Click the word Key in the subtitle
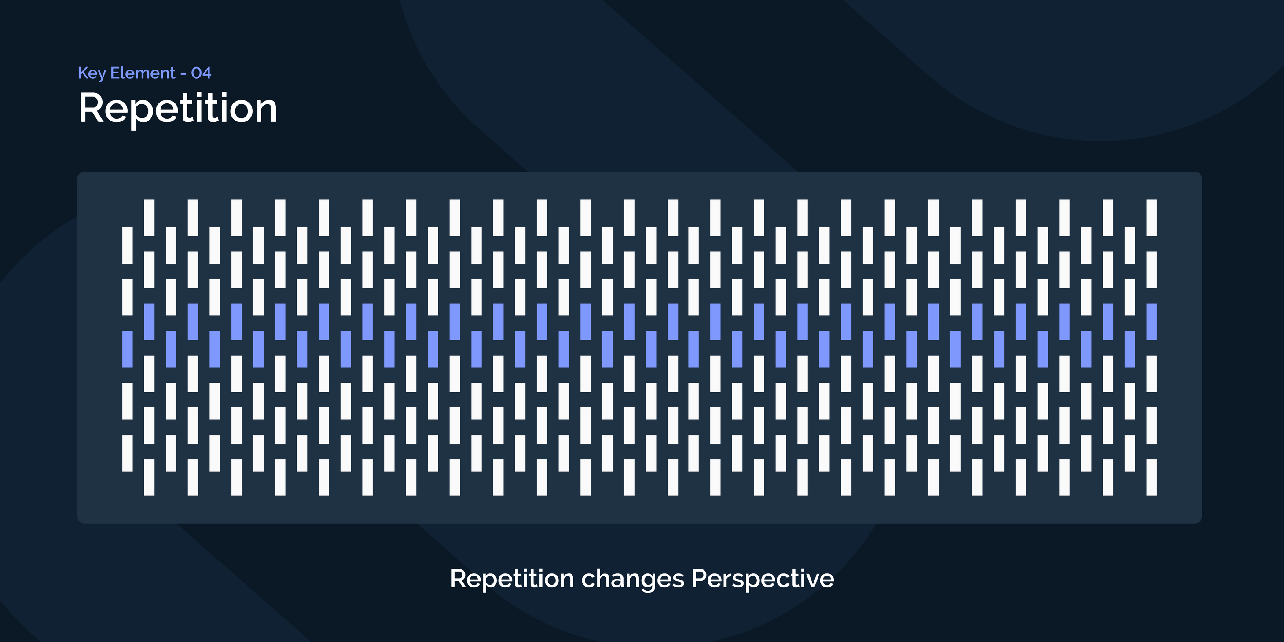pos(92,73)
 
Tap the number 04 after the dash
pos(202,73)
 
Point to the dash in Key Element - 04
pos(183,74)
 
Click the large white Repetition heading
pos(178,109)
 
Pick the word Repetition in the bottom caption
pos(512,579)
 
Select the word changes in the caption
pos(632,580)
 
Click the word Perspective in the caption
pos(763,579)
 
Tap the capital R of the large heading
pos(91,108)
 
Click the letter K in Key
pos(83,73)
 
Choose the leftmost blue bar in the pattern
pos(128,349)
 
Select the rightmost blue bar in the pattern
pos(1152,322)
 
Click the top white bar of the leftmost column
pos(128,245)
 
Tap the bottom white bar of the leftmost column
pos(128,453)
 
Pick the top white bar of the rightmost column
pos(1152,218)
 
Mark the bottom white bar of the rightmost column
pos(1152,477)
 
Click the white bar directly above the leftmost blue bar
pos(128,297)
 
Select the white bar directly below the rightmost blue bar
pos(1152,373)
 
